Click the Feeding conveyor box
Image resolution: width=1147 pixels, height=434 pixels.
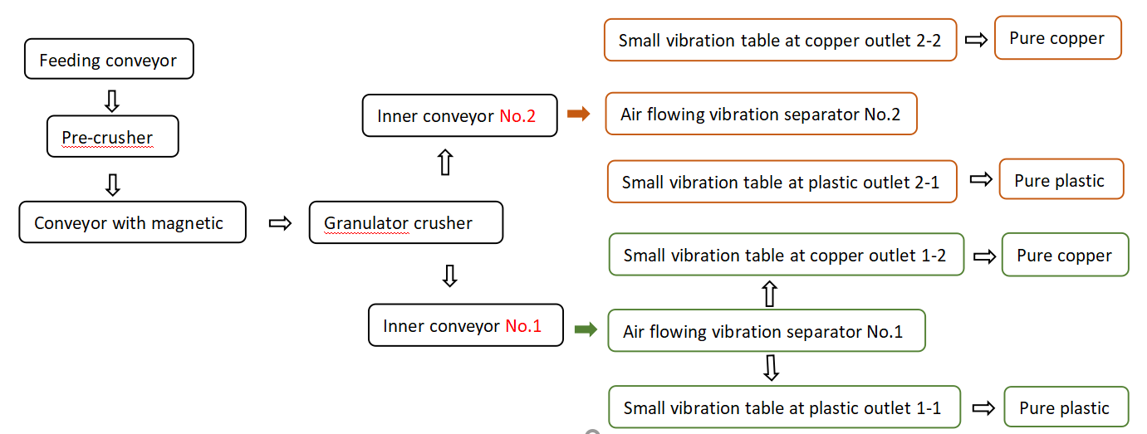[x=109, y=60]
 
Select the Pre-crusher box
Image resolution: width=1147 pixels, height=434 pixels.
[x=112, y=137]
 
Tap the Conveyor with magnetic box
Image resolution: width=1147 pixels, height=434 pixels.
[x=132, y=222]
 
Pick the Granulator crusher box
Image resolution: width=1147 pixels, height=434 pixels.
[x=405, y=222]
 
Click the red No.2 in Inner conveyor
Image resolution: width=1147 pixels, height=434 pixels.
[x=517, y=116]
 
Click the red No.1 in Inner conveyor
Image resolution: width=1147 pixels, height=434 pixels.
[x=523, y=326]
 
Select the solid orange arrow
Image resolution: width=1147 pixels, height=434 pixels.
[x=578, y=114]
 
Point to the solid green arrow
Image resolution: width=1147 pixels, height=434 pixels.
[x=586, y=329]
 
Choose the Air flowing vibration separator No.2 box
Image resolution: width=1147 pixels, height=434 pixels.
[x=761, y=114]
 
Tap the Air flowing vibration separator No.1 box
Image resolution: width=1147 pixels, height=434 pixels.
[x=766, y=331]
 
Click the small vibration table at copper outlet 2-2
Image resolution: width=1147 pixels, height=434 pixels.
[x=780, y=40]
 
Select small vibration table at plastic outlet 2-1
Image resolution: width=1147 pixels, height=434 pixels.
[x=782, y=182]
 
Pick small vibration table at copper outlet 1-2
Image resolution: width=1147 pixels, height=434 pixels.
[x=786, y=255]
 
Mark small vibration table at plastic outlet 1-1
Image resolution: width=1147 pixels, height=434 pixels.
[x=783, y=407]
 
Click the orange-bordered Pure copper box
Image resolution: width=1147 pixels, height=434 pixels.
[x=1057, y=38]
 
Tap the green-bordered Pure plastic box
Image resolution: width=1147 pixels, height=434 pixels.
[x=1066, y=407]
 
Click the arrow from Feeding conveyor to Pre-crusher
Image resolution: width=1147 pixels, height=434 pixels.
[x=111, y=100]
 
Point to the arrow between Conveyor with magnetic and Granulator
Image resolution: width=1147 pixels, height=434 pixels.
[x=281, y=222]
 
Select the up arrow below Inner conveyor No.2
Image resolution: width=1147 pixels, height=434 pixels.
[x=445, y=163]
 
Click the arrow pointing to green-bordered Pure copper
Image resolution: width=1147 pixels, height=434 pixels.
[x=984, y=256]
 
